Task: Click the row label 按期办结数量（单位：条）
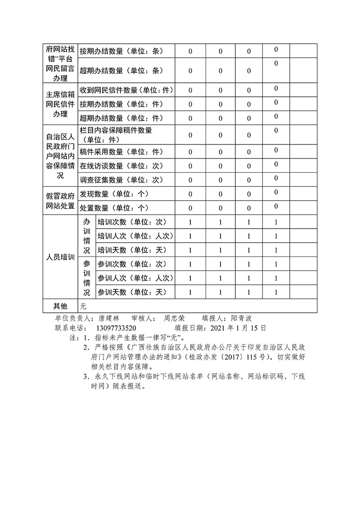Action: pos(121,51)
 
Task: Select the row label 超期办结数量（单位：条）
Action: pos(121,71)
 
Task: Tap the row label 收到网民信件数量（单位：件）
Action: pos(126,90)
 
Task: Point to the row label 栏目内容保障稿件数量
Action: pos(116,131)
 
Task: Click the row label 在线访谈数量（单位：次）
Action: pos(121,166)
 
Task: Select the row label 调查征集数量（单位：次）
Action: pos(121,180)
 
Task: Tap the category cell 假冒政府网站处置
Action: pos(60,201)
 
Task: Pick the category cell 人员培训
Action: pos(60,257)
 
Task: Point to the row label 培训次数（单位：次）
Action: pos(132,222)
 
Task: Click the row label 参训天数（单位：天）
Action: pos(132,292)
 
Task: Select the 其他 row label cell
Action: pos(60,306)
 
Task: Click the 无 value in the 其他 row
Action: pos(83,306)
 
